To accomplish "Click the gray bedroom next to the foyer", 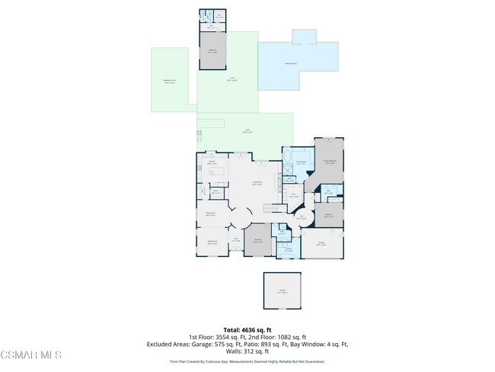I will point(257,239).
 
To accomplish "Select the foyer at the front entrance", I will point(236,241).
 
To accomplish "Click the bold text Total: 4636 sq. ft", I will point(247,329).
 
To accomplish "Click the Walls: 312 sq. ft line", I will point(247,351).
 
